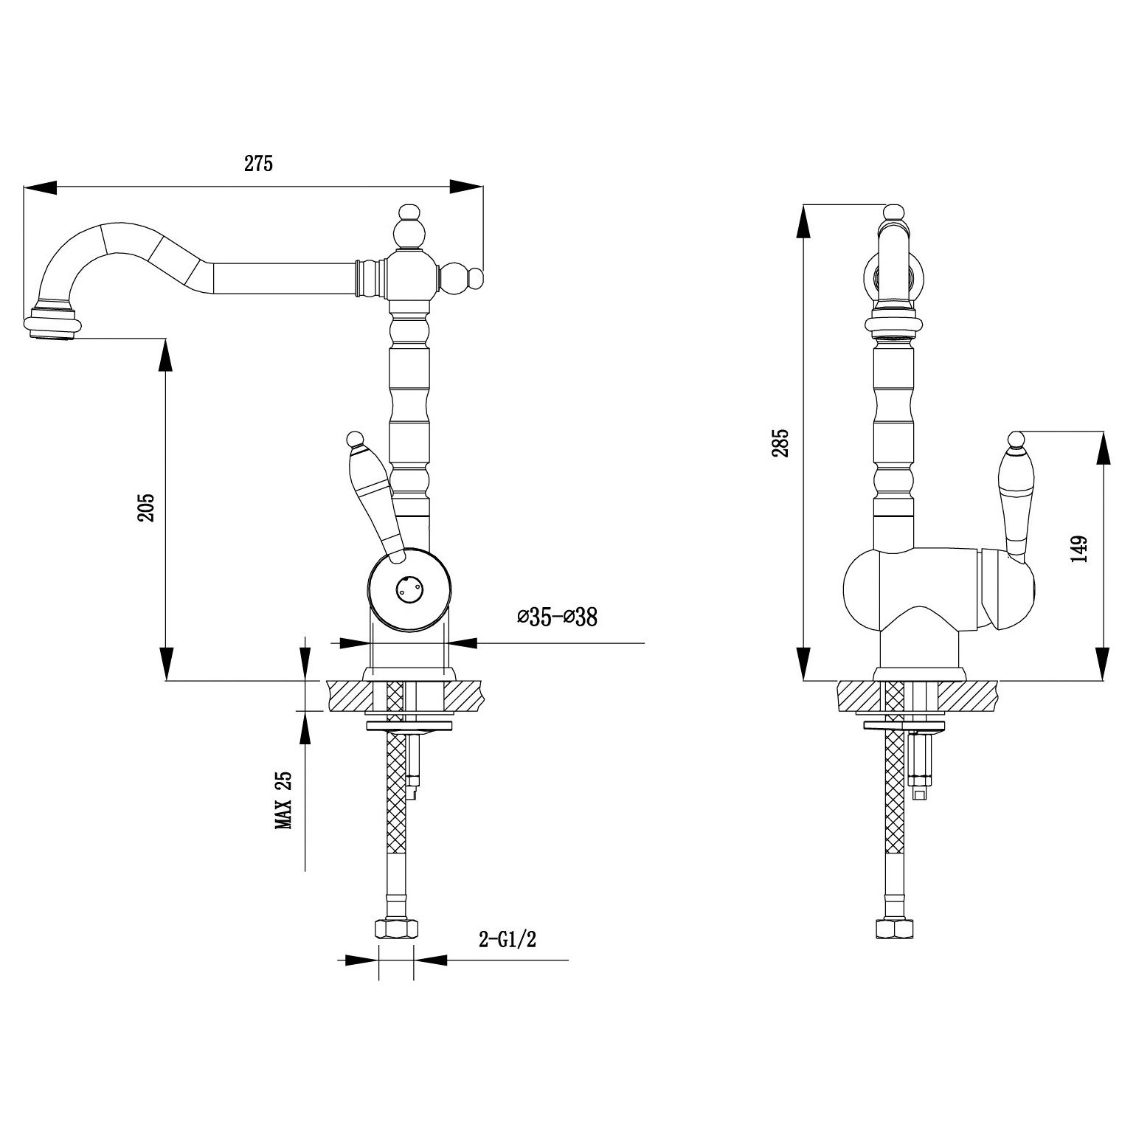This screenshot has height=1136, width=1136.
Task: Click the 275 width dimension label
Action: point(259,164)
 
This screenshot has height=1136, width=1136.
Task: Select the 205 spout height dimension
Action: point(146,508)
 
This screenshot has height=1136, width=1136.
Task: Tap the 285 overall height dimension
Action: point(782,443)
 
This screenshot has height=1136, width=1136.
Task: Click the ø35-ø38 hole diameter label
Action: point(558,617)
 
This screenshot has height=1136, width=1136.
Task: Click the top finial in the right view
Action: point(894,214)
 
